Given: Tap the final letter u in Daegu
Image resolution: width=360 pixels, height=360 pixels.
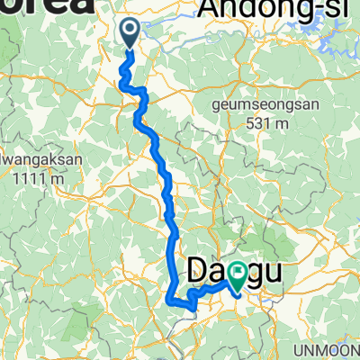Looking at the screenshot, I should (x=267, y=269).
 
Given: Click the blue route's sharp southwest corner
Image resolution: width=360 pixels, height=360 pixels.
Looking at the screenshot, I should (x=171, y=293).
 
